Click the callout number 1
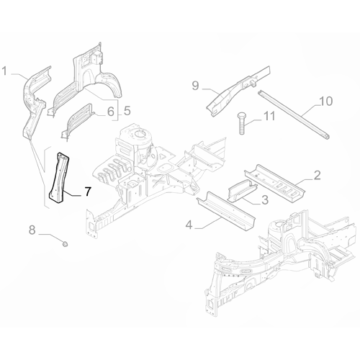click(x=5, y=71)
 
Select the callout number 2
click(x=317, y=176)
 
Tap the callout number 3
click(x=264, y=200)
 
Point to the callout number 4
click(x=189, y=225)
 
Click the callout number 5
click(x=127, y=111)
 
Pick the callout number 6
click(x=110, y=112)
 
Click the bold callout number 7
click(x=88, y=192)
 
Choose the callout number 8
click(x=32, y=230)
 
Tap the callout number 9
click(x=196, y=86)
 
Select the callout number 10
click(x=326, y=101)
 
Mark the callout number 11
click(x=269, y=117)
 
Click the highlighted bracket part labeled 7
click(x=59, y=178)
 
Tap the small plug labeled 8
click(x=65, y=244)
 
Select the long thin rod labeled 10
click(x=294, y=114)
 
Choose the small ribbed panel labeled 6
click(x=77, y=121)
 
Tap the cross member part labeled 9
click(x=239, y=91)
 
